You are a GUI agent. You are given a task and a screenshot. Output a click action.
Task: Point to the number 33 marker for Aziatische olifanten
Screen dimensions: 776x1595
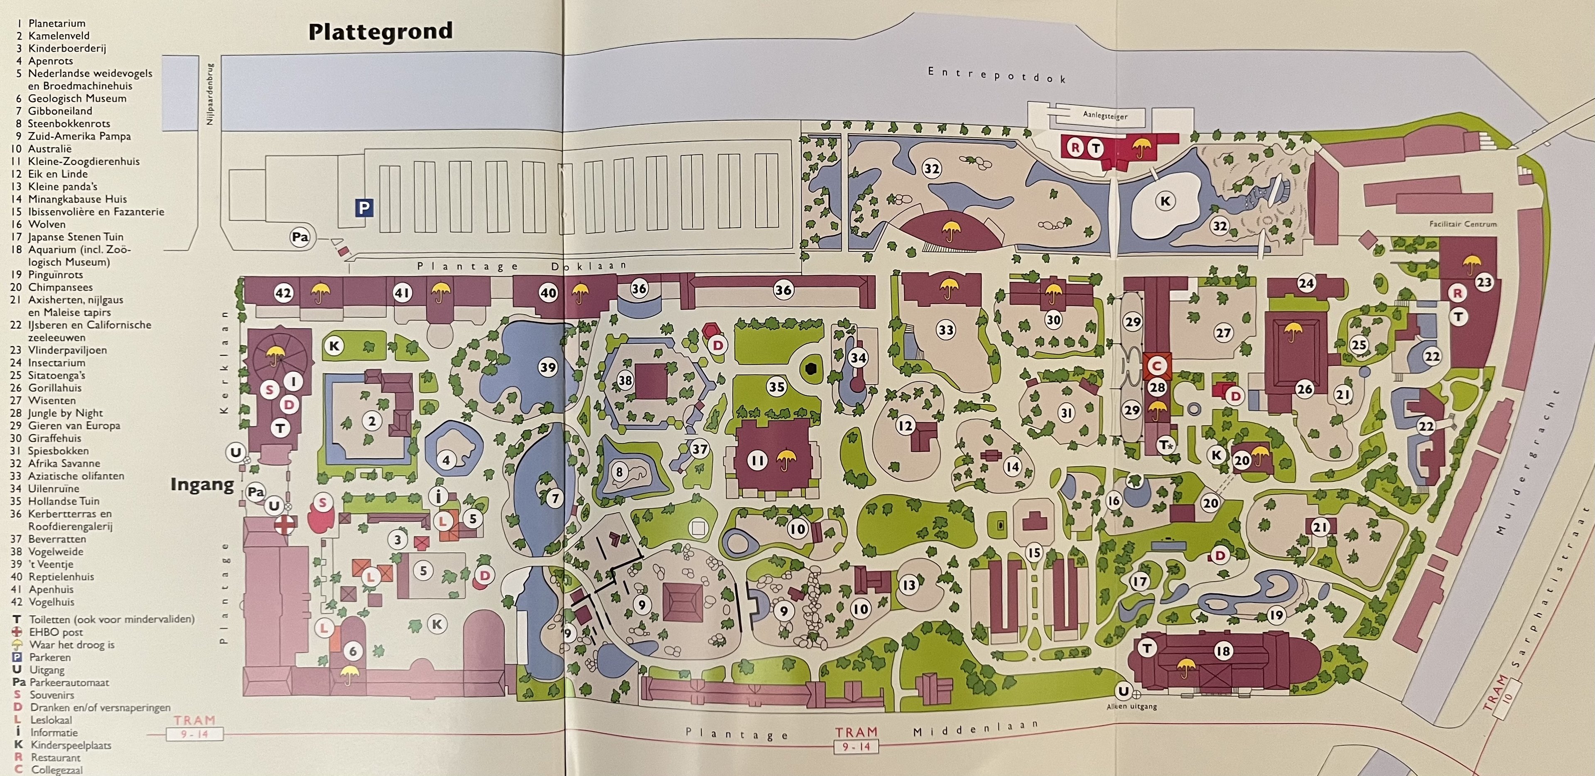point(945,330)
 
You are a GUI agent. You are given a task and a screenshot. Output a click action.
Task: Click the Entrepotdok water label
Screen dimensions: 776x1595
point(996,75)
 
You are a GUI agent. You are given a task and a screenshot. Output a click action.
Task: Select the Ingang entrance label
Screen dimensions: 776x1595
point(202,485)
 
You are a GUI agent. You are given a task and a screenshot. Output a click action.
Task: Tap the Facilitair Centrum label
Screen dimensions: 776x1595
point(1462,224)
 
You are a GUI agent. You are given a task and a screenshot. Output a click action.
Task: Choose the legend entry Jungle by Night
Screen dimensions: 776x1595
point(65,413)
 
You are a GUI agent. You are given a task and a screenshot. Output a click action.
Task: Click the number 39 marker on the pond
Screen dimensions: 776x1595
point(547,367)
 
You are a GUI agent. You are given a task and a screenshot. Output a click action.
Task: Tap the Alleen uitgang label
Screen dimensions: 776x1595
point(1131,706)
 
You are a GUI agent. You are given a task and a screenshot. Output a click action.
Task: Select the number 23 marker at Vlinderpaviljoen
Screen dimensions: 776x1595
point(1484,283)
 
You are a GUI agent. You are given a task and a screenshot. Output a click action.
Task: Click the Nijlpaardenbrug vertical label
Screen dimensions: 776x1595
point(210,93)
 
